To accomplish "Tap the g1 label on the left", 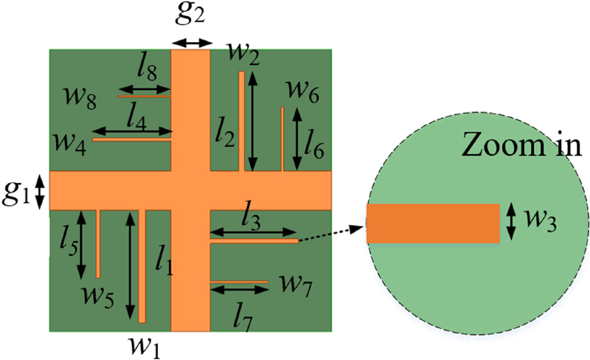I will coord(18,193).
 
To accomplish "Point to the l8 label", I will coord(147,72).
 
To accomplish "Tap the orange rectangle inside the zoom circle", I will coord(434,224).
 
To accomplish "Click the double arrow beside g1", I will coord(40,193).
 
